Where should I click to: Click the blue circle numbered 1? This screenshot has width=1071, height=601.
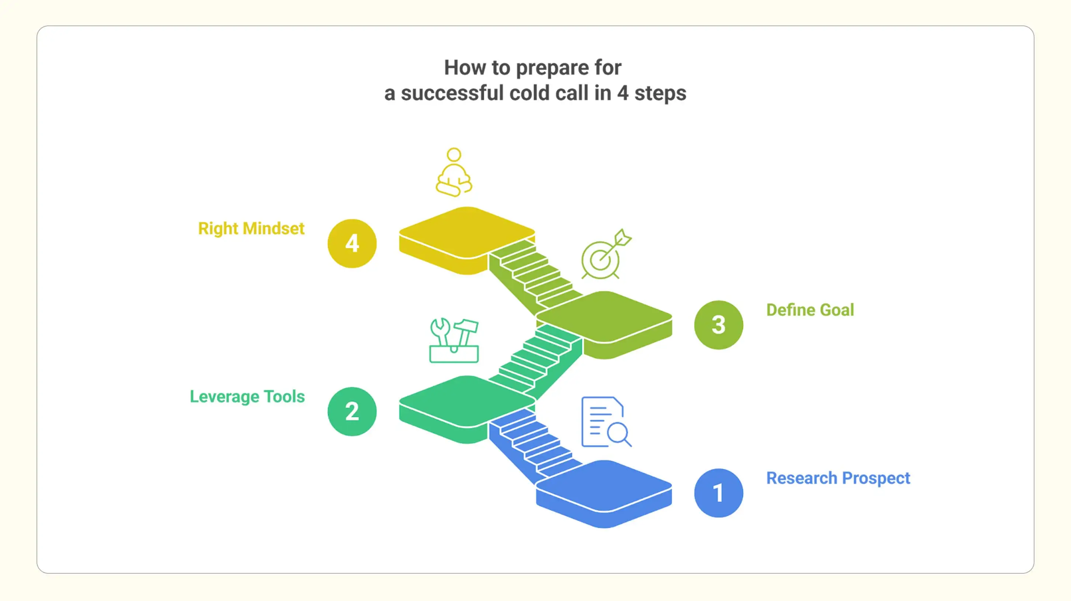coord(718,493)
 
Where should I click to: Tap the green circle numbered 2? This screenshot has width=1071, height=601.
coord(352,411)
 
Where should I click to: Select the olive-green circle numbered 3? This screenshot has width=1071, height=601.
coord(718,325)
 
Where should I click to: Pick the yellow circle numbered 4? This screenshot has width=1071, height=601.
coord(352,243)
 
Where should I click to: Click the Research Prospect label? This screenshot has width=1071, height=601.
coord(838,478)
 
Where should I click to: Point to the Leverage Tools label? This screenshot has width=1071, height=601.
coord(247,397)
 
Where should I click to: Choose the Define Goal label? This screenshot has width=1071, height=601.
coord(810,310)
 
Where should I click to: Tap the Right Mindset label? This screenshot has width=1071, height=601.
coord(251,229)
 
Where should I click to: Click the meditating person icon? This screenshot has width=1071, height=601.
coord(454,172)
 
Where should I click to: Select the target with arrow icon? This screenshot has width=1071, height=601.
coord(605,255)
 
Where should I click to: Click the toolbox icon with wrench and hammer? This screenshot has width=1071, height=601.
coord(454,341)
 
